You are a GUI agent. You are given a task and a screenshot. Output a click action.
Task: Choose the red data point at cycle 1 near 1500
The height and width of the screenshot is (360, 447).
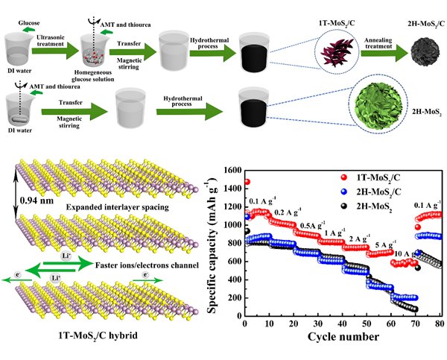[247, 182]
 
